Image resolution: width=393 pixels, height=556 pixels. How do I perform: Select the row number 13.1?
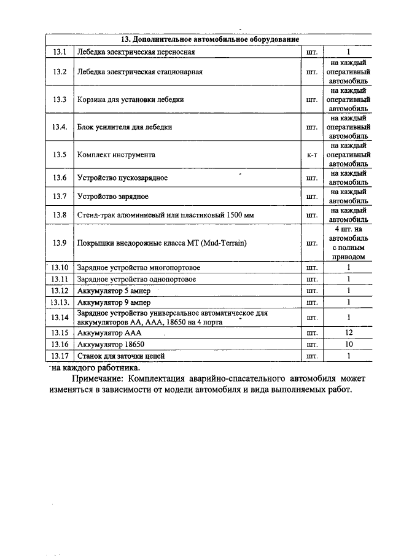60,52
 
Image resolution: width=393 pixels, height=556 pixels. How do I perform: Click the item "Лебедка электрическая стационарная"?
140,72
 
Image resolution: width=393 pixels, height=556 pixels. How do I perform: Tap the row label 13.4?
60,127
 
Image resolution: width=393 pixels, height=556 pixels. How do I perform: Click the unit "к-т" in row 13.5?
311,155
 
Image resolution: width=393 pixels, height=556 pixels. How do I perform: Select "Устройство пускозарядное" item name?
122,178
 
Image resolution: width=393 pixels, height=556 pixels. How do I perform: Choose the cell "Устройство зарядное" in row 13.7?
113,197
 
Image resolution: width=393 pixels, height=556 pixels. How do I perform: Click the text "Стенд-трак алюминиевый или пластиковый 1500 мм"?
165,215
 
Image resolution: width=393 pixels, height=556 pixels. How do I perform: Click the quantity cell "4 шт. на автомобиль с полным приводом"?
348,243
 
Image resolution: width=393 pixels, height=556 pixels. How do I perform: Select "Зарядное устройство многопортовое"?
138,268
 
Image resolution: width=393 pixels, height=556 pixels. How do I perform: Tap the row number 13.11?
60,280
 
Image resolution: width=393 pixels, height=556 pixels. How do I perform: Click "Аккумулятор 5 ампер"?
112,291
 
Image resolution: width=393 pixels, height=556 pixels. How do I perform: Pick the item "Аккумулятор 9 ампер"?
113,303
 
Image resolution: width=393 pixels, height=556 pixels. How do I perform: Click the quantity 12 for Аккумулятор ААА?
348,332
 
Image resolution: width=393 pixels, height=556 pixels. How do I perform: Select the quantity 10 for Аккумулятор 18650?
348,344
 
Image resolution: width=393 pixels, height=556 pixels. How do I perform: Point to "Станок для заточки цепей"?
121,356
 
